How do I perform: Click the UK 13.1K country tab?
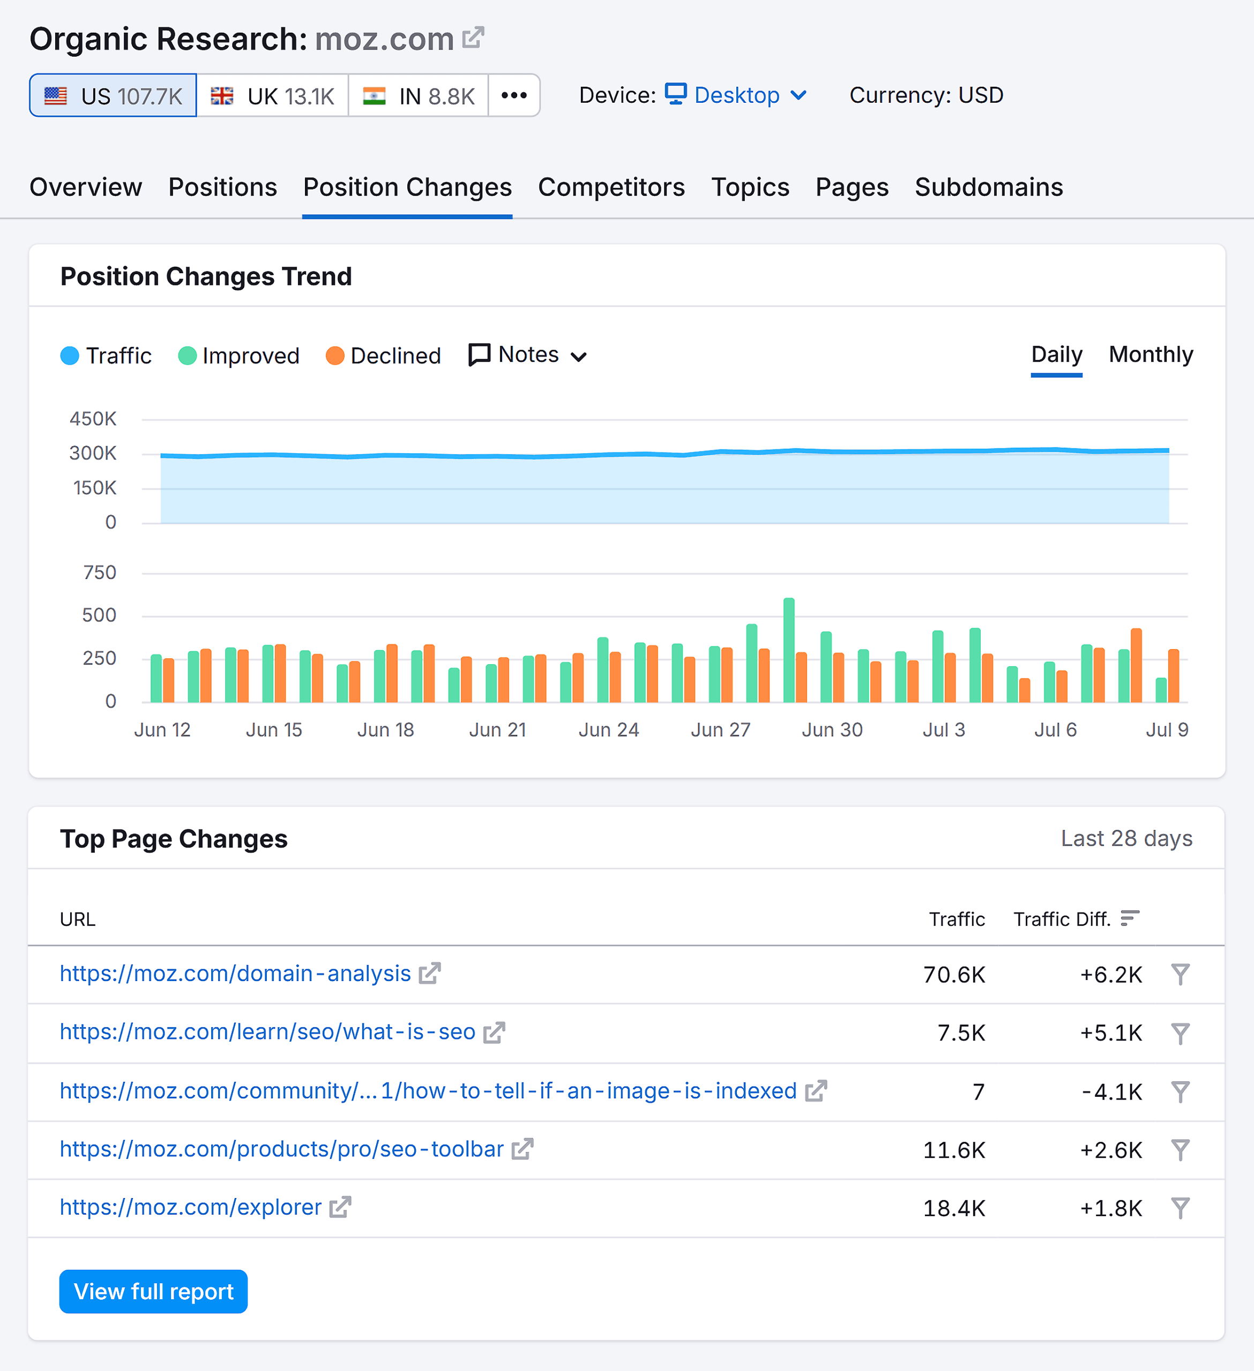272,96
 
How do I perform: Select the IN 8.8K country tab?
418,96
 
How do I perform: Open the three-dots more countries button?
514,96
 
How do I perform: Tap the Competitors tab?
611,187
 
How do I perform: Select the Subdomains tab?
988,187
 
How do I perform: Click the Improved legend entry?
239,356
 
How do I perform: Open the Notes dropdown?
528,355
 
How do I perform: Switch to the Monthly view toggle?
1150,355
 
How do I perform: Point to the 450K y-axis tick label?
93,419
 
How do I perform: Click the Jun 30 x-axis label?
832,730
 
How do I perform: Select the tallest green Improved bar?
789,650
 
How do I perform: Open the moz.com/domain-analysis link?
235,974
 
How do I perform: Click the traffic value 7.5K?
961,1033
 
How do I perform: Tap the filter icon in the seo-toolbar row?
1180,1150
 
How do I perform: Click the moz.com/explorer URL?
191,1207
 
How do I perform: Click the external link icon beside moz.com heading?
473,37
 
